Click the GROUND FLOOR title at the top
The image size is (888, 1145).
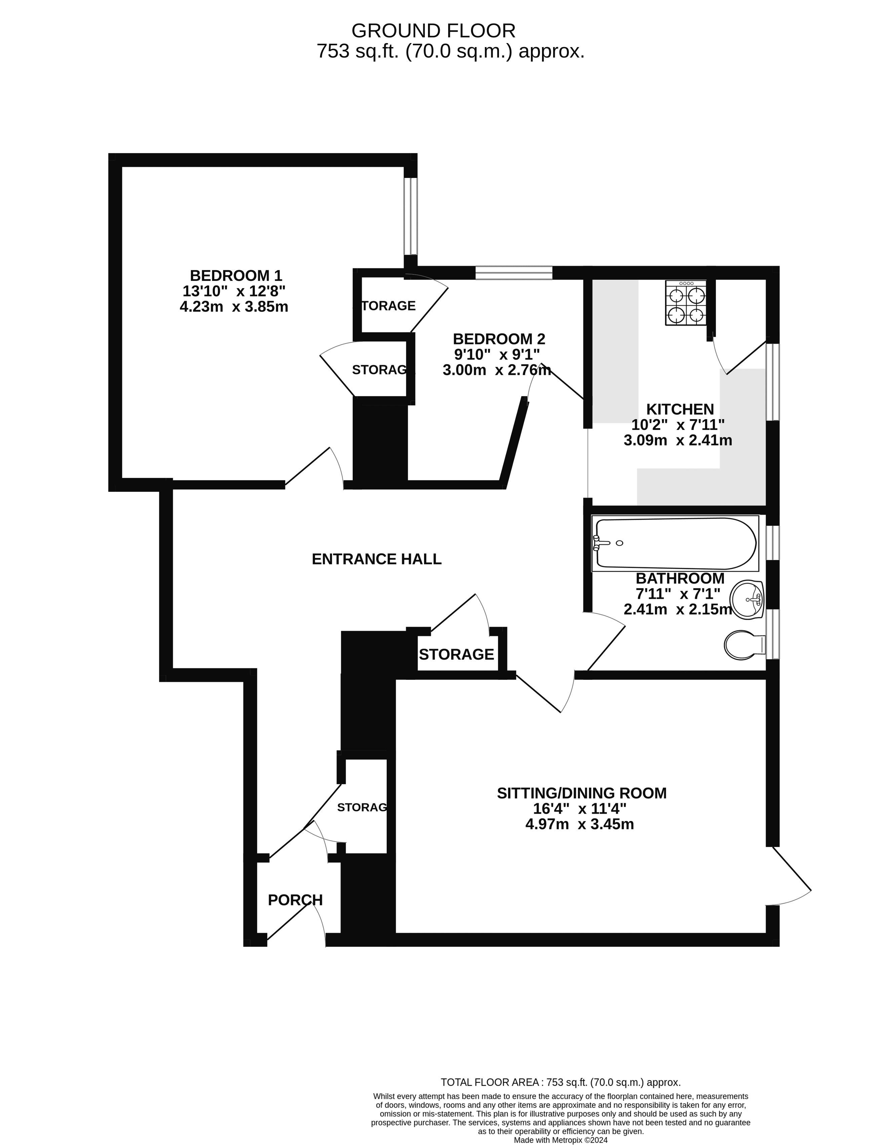coord(433,31)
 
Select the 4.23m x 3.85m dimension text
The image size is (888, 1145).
coord(234,307)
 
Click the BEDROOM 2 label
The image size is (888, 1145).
coord(499,339)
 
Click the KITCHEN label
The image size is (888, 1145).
coord(680,409)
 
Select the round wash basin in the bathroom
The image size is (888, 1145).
coord(747,599)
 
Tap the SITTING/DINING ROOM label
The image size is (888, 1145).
coord(581,793)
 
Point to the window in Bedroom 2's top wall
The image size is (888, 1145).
coord(513,272)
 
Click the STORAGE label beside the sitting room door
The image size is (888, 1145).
coord(456,654)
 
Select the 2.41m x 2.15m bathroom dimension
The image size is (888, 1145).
coord(677,609)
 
